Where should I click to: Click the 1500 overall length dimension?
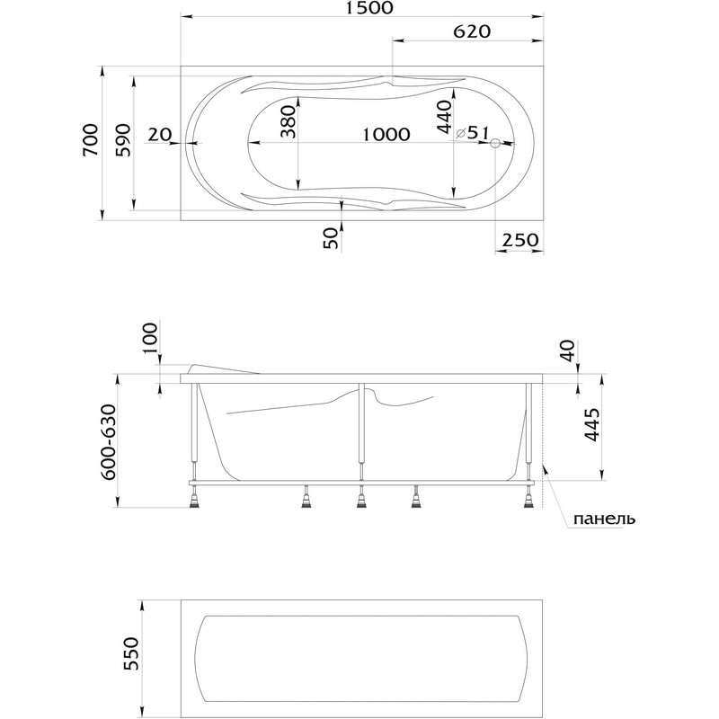coord(371,8)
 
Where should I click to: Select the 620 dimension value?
coord(472,31)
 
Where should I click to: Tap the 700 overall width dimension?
coord(91,140)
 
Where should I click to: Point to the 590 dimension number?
coord(123,140)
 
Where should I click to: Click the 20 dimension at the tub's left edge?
coord(160,134)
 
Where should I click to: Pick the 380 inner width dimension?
coord(288,122)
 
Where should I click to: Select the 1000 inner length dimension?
coord(386,134)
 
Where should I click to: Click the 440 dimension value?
coord(444,118)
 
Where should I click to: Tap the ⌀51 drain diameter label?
coord(474,132)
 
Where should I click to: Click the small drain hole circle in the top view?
coord(495,143)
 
